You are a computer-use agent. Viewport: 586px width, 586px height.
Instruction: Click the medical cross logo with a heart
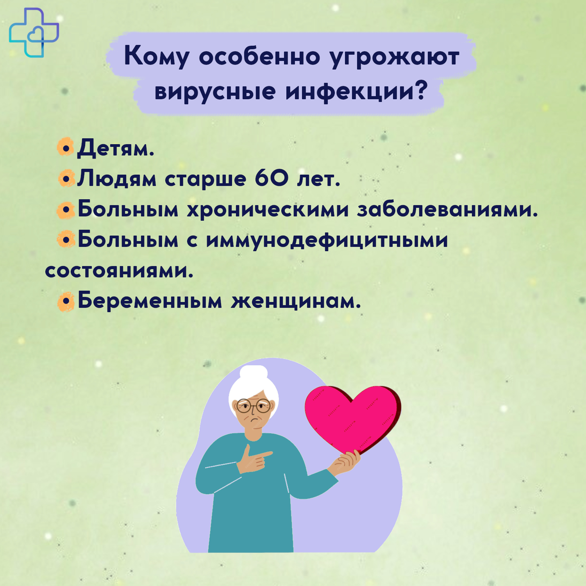pyautogui.click(x=34, y=32)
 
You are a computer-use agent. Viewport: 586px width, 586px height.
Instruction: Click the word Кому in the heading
pyautogui.click(x=156, y=57)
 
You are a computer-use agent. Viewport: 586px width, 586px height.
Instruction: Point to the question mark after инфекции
pyautogui.click(x=420, y=89)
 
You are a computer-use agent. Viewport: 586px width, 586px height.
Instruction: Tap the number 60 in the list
pyautogui.click(x=272, y=178)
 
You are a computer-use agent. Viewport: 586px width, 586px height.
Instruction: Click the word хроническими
pyautogui.click(x=268, y=210)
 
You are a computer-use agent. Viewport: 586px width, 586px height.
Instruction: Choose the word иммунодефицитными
pyautogui.click(x=327, y=240)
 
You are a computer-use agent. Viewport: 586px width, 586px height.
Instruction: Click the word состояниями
pyautogui.click(x=119, y=271)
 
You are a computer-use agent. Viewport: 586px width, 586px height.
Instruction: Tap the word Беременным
pyautogui.click(x=150, y=301)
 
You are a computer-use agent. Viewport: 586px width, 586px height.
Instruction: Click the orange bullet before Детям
pyautogui.click(x=66, y=148)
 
